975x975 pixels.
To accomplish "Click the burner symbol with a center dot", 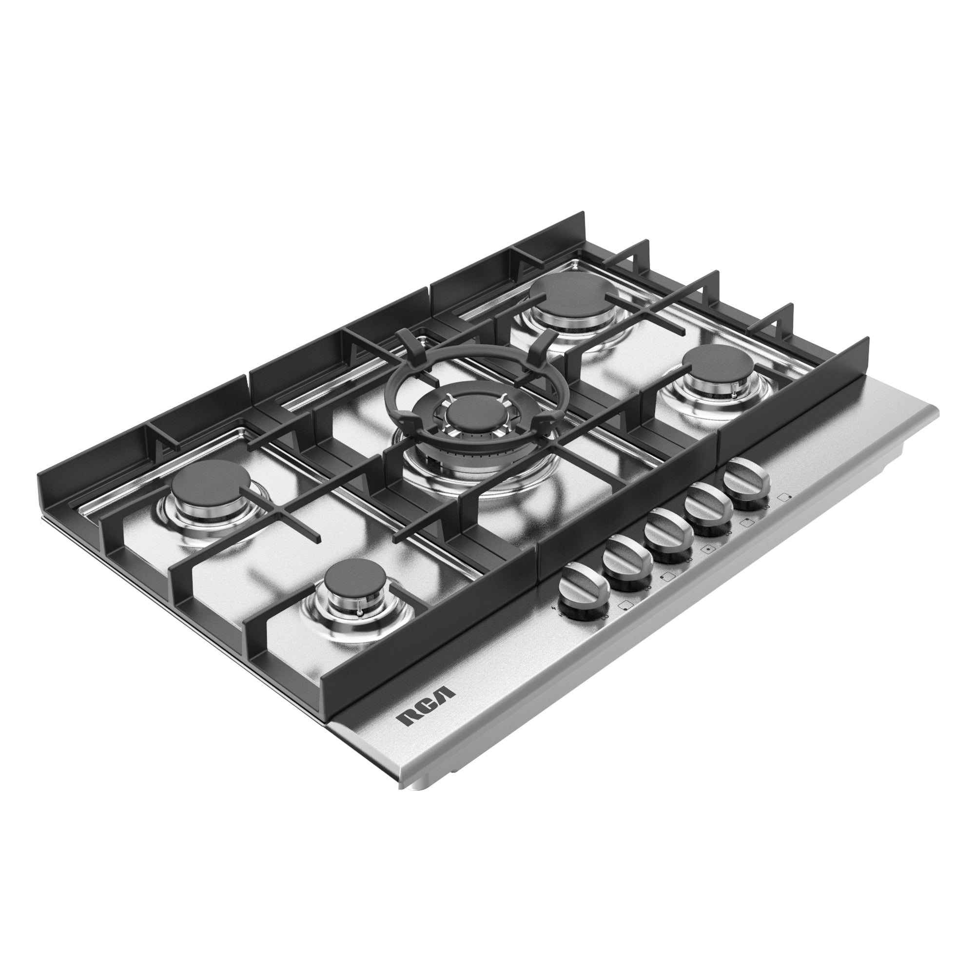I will pos(709,550).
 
